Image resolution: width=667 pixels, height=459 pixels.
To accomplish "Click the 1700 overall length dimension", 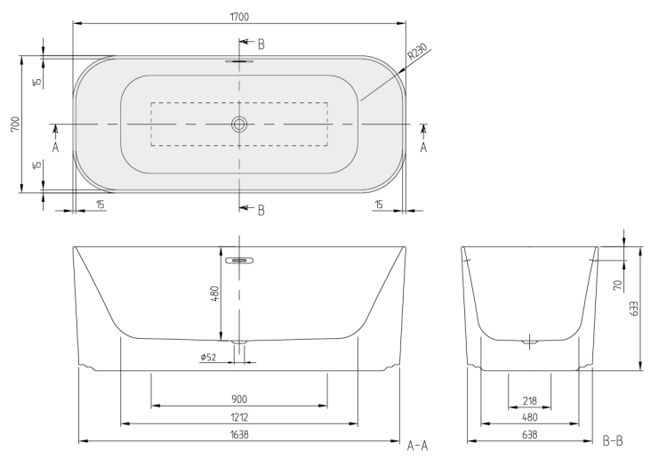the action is pos(239,17).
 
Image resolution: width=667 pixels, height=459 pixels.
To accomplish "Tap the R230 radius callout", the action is pos(417,52).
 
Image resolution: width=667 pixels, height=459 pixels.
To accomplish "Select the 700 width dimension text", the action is pos(15,124).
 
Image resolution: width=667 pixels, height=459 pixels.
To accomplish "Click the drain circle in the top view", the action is pos(239,125).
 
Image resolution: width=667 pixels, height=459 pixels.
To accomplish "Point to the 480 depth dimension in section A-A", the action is pos(215,294).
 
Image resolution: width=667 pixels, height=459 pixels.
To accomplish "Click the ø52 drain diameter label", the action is pos(208,357).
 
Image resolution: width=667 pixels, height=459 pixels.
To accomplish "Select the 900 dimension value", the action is pos(239,399).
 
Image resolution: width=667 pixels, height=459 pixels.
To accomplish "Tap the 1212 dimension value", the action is pos(239,417).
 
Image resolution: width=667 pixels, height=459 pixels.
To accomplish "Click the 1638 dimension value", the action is pos(239,434).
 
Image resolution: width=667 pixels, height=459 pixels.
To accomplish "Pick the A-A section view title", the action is pos(417,446).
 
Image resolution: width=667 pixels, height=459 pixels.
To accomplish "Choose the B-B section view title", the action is pos(613,441).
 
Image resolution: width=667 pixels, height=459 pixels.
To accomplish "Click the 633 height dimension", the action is pos(634,309).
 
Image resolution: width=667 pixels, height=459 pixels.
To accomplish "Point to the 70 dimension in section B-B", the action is pos(618,285).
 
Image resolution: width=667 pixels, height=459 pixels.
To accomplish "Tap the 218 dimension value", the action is pos(530,400).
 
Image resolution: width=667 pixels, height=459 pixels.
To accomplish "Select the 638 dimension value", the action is pos(530,434).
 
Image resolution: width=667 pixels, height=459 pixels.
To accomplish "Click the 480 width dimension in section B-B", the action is pos(530,417).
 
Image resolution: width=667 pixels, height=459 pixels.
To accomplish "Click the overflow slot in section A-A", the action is pos(239,260).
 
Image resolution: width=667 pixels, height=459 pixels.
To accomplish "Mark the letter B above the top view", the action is pos(261,44).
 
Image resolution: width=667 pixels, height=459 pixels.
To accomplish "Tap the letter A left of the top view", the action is pos(55,147).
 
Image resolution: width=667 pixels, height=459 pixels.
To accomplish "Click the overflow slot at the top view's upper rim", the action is pos(239,61).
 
